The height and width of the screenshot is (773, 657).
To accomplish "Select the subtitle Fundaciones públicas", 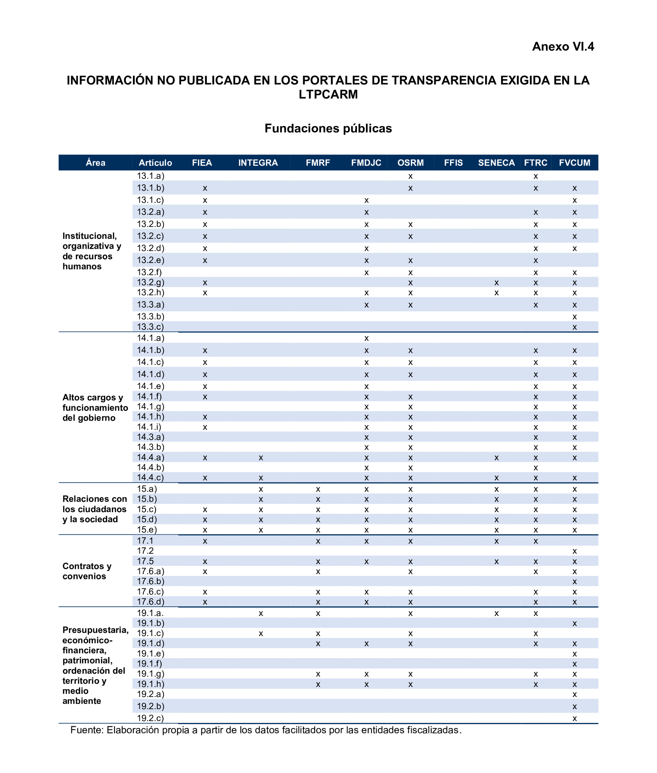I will coord(328,128).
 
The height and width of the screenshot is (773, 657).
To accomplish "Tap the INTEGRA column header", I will coord(258,163).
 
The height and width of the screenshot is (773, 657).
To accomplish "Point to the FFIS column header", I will coord(453,163).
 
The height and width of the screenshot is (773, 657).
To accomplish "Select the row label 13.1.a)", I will coord(150,176).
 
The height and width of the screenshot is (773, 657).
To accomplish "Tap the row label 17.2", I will coord(145,550).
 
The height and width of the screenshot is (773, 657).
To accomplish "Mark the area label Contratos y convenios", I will coord(87,571).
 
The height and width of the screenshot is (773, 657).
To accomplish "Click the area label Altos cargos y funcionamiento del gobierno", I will coord(95,408).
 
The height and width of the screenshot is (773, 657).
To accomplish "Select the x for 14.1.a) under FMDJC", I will coord(366,338).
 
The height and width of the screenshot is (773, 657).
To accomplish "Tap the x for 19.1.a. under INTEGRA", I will coord(261,613).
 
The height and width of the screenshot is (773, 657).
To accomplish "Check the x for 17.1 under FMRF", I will coord(318,541).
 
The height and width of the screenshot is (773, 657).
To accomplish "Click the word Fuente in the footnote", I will coord(87,730).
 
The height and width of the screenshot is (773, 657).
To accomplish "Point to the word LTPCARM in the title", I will coord(328,95).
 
